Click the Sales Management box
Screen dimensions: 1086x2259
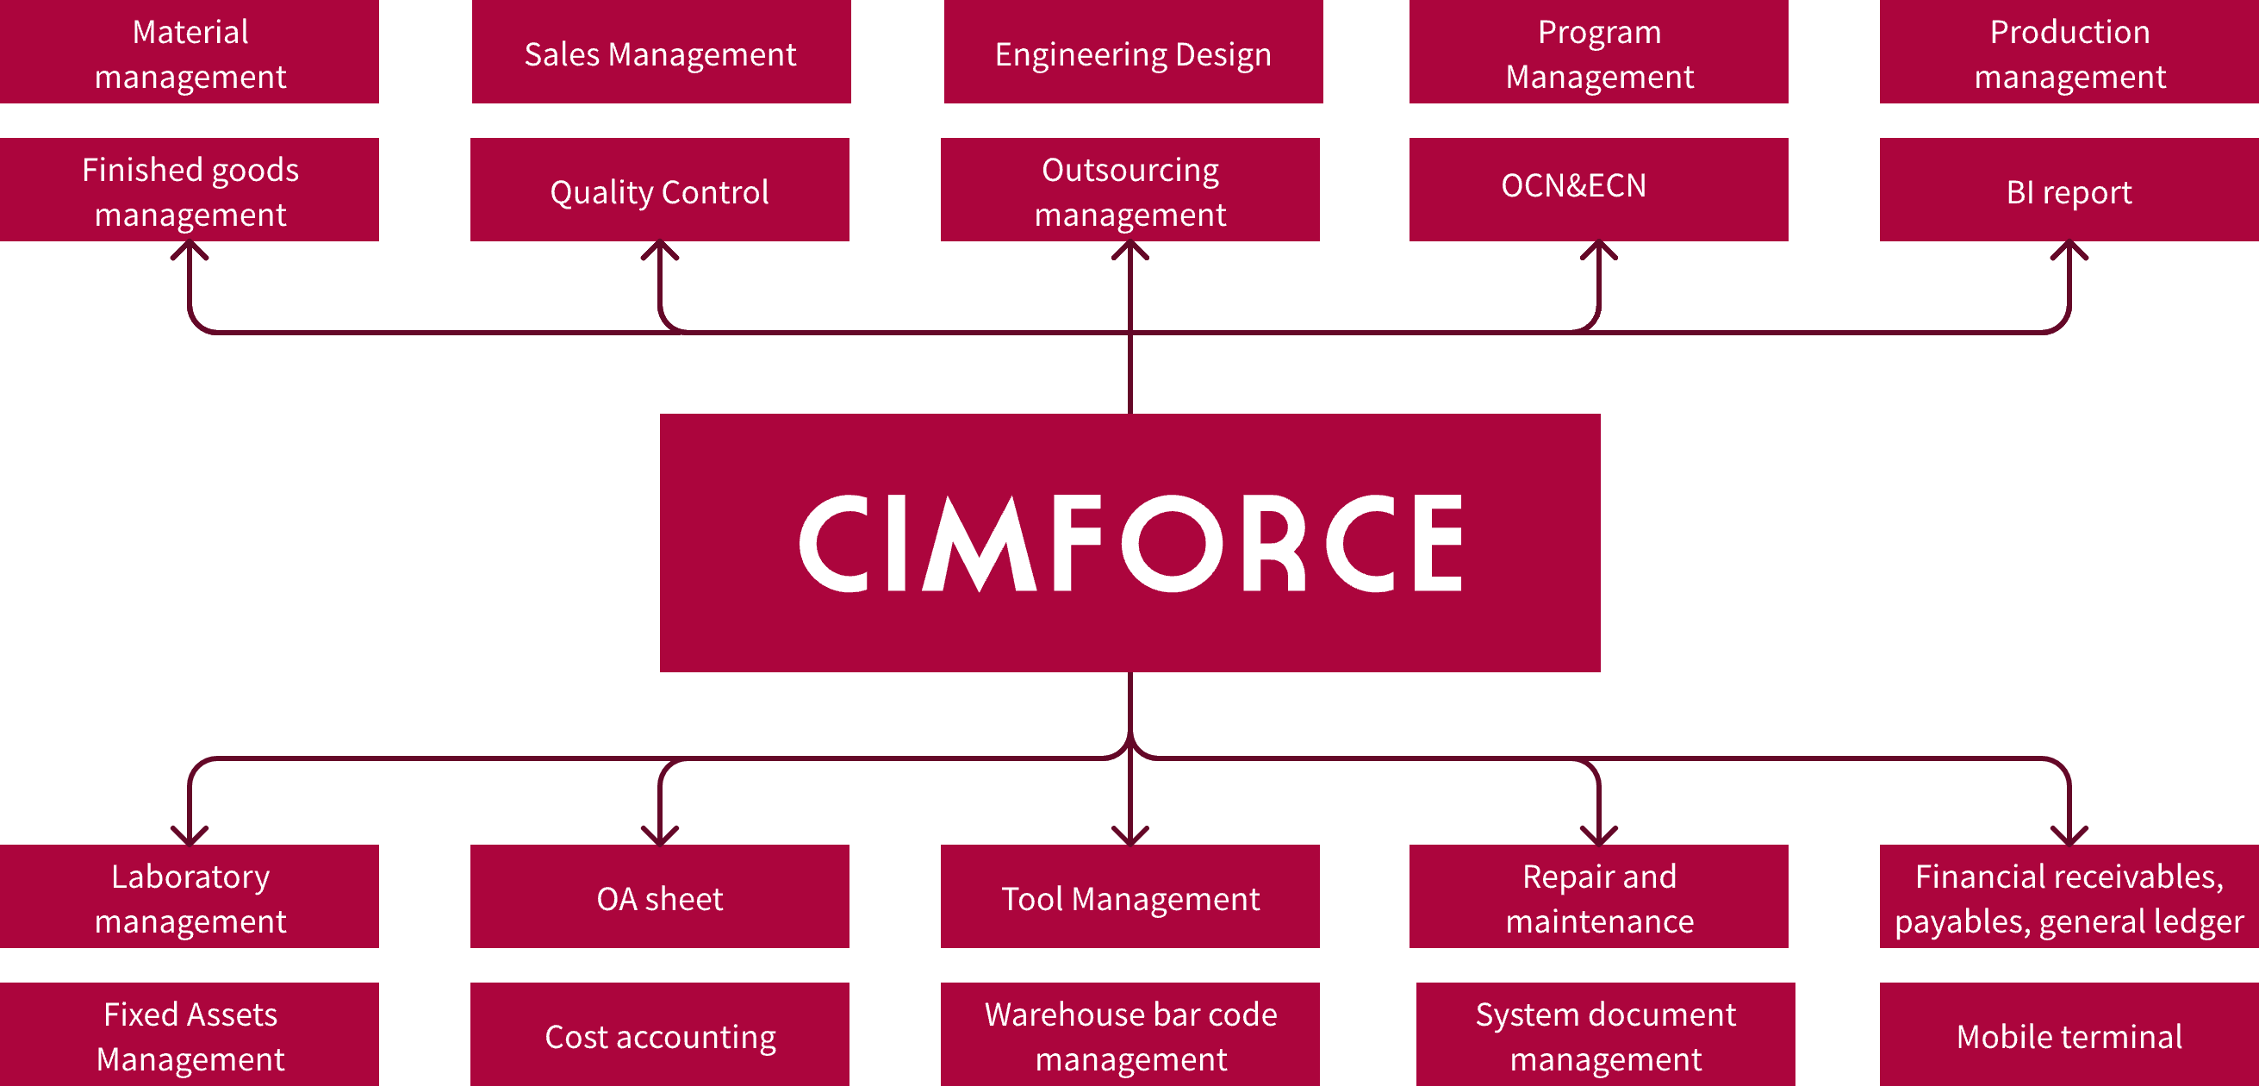[660, 53]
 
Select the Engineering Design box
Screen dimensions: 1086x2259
[1132, 53]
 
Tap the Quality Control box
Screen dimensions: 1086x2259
[659, 190]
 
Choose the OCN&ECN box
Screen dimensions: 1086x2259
[1598, 189]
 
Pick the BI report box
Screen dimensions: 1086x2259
[2069, 190]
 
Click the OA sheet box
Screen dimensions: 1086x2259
[659, 896]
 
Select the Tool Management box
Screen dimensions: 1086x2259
[1129, 896]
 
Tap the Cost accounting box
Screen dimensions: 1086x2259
[659, 1035]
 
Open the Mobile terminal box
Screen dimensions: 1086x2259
[2069, 1035]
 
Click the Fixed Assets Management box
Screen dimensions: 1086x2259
[190, 1035]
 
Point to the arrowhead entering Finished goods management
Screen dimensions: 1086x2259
[190, 249]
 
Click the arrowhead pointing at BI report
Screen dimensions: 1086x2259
[2069, 249]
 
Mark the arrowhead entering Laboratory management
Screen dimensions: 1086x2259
[190, 836]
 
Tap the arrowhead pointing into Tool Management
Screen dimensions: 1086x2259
[1129, 836]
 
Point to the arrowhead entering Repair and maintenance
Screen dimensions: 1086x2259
[1599, 836]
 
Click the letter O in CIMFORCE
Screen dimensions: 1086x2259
[1173, 542]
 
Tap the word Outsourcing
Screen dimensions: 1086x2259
[1129, 169]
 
